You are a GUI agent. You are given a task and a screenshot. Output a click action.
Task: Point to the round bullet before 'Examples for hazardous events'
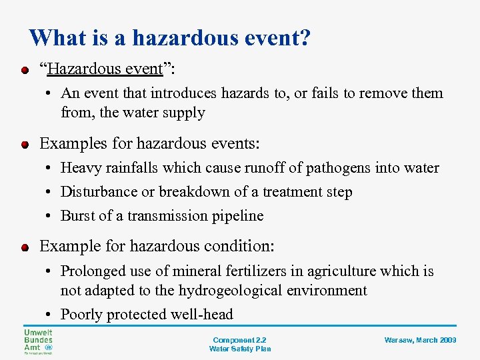[x=25, y=144]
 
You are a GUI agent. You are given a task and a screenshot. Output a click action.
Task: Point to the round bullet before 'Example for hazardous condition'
[x=25, y=247]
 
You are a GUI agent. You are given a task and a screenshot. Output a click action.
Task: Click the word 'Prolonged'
[x=92, y=271]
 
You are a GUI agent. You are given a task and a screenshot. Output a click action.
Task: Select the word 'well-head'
[x=201, y=315]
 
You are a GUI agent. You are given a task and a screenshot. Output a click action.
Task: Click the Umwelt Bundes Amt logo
[x=37, y=341]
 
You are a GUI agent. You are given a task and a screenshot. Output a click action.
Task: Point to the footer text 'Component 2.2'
[x=239, y=339]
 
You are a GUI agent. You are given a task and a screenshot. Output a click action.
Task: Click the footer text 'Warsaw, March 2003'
[x=420, y=340]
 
